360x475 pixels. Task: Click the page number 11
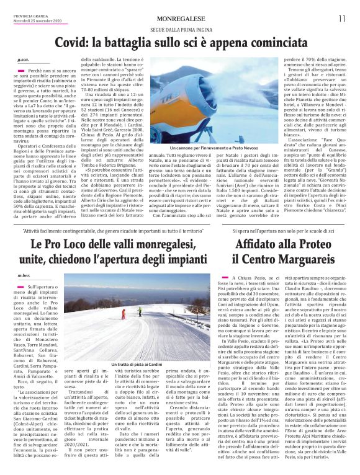(342, 19)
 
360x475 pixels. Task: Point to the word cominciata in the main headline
(268, 43)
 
